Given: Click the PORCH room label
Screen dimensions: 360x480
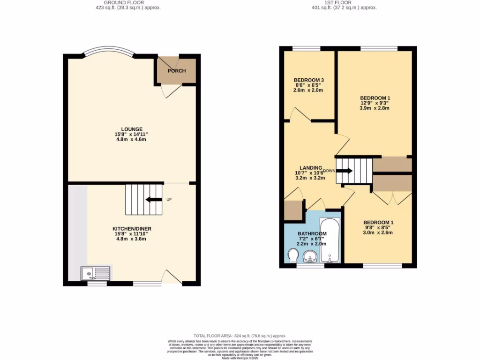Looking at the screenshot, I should click(x=177, y=71).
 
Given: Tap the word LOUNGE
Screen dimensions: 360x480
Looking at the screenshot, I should click(x=132, y=129).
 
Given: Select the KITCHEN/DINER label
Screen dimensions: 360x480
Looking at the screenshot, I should click(x=131, y=229).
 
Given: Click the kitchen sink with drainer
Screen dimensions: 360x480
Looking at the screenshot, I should click(x=96, y=273).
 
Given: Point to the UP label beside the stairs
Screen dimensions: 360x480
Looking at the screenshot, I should click(x=169, y=200).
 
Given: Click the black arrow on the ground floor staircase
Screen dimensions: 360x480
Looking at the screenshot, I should click(x=154, y=200).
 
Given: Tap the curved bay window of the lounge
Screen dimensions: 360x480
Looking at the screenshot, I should click(x=108, y=50).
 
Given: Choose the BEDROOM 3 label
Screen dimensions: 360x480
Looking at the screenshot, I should click(x=309, y=80).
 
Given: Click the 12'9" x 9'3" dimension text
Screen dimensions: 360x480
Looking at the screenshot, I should click(x=375, y=103).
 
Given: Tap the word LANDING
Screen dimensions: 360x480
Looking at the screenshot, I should click(x=311, y=168).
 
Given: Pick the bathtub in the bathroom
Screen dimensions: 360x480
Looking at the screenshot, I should click(x=330, y=240).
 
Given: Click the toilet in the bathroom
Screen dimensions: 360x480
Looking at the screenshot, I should click(x=293, y=256).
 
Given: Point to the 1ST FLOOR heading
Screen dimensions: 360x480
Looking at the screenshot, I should click(x=345, y=3).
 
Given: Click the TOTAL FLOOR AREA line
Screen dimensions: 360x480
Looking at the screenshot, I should click(x=240, y=336).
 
